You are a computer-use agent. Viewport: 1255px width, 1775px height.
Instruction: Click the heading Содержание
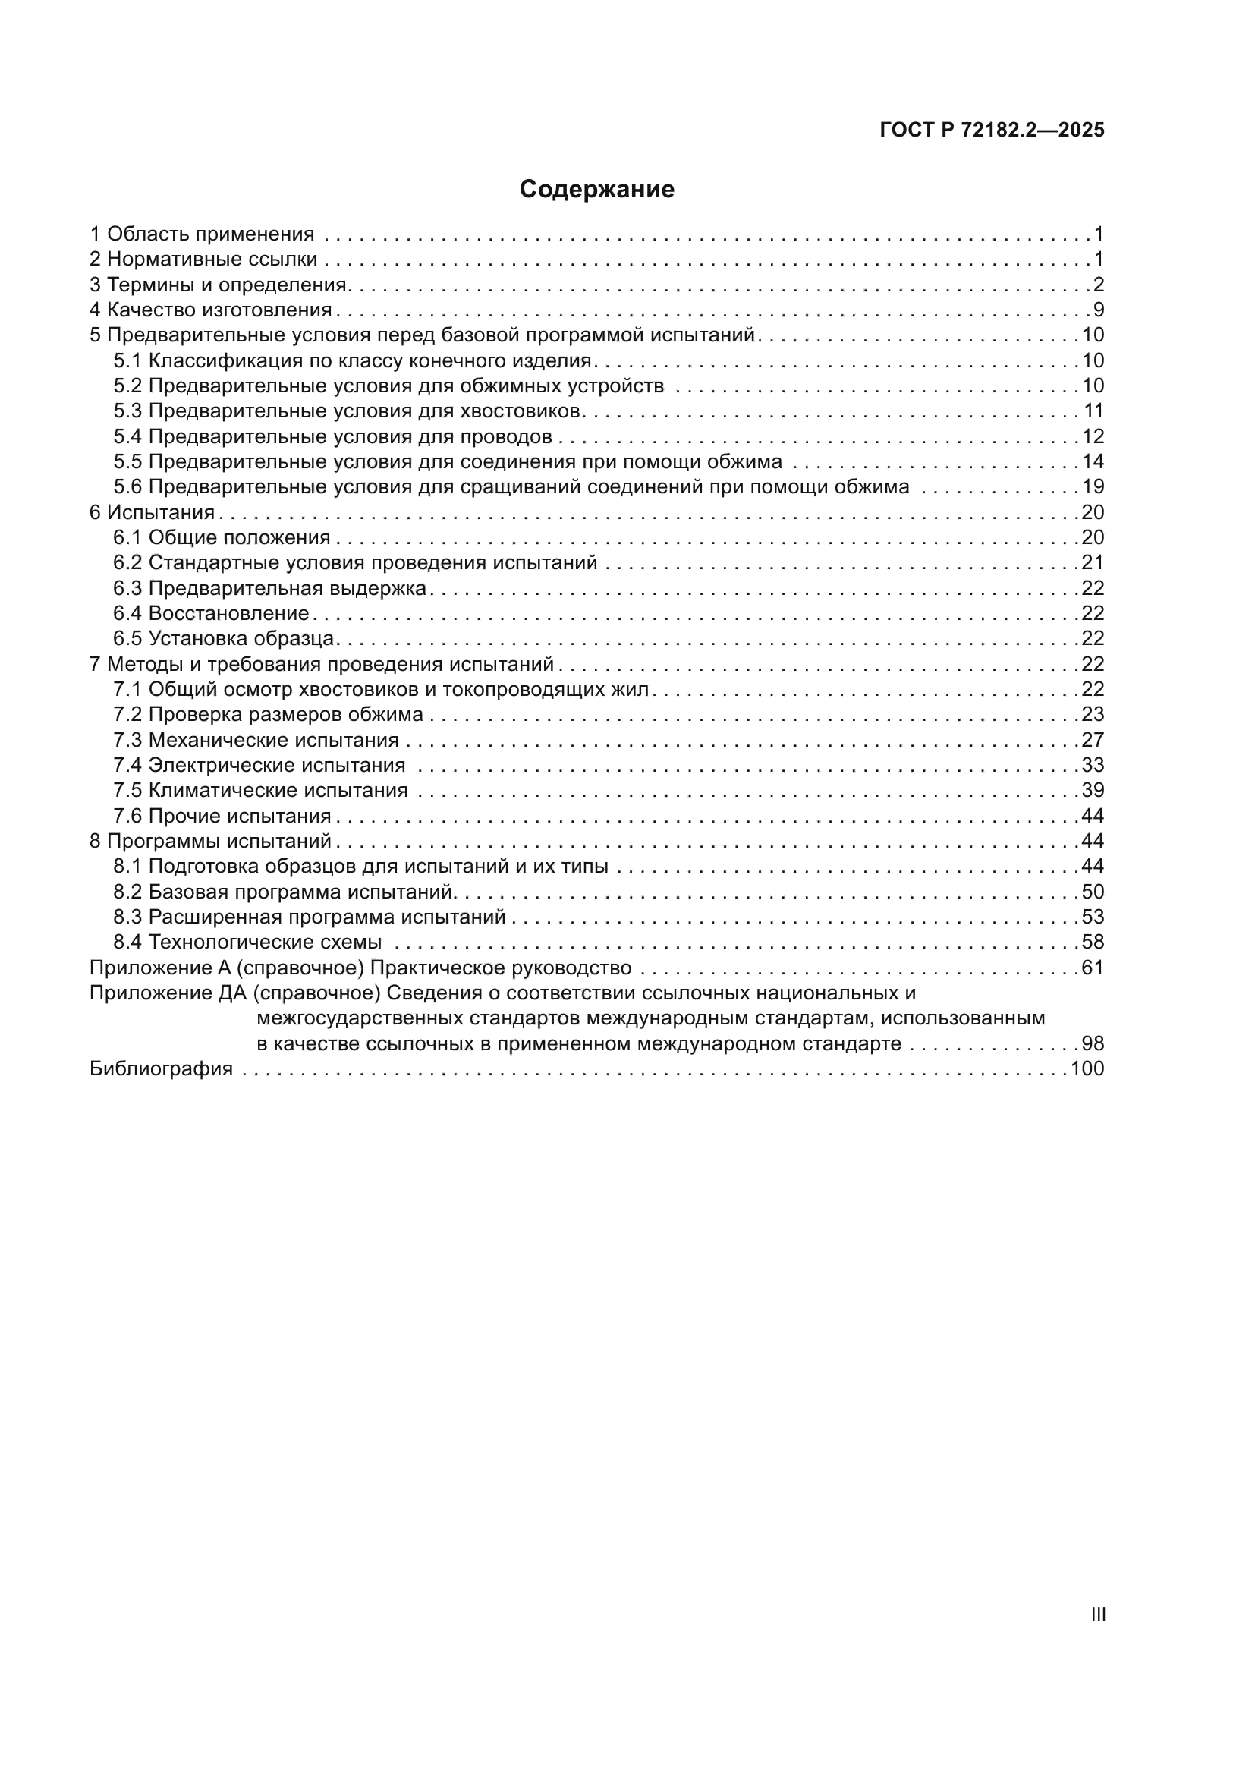tap(596, 189)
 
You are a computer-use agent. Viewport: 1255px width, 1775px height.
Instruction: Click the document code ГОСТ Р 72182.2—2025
tap(992, 130)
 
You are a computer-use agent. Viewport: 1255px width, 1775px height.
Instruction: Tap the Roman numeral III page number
tap(1098, 1614)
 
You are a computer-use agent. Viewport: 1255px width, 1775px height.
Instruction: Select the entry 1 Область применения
tap(203, 234)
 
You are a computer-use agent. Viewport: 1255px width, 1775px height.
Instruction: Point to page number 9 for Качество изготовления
tap(1098, 310)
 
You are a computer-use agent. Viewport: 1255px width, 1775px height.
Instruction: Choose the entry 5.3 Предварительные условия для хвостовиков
tap(347, 411)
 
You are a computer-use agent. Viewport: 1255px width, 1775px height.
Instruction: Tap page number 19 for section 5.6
tap(1093, 486)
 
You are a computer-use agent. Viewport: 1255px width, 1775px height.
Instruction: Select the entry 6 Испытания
tap(153, 511)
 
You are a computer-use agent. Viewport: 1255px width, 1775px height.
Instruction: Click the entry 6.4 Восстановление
tap(211, 613)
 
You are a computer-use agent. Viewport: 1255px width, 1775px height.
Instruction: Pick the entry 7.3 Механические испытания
tap(256, 740)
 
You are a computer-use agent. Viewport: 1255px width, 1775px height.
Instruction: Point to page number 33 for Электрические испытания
tap(1093, 765)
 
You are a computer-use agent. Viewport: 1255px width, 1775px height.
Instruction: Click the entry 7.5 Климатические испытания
tap(260, 790)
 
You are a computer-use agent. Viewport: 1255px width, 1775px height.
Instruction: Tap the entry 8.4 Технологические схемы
tap(247, 942)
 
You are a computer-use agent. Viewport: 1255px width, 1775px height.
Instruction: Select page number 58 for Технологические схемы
tap(1093, 942)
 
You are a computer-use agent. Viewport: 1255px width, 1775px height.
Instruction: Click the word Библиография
tap(161, 1068)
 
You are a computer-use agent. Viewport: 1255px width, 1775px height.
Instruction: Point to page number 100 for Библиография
tap(1087, 1068)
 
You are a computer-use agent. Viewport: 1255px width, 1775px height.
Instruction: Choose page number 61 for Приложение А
tap(1093, 967)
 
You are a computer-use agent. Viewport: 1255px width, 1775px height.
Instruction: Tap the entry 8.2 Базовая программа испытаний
tap(282, 892)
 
